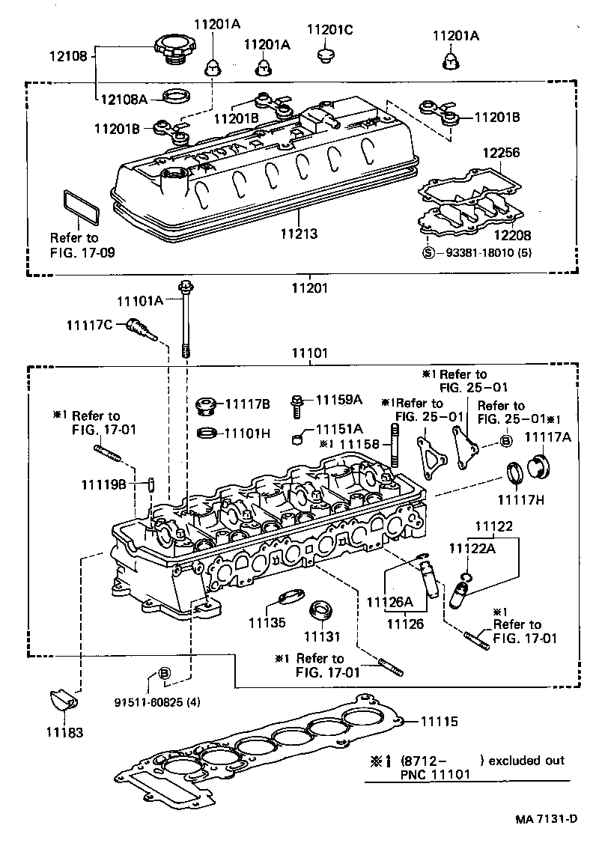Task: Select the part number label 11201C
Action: click(329, 30)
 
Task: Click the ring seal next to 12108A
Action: click(177, 97)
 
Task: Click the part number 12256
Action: click(500, 153)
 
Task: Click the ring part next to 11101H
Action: click(206, 433)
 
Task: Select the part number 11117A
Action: click(547, 437)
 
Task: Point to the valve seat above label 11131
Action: click(323, 609)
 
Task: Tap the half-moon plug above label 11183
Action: click(62, 700)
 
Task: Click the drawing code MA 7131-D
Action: click(546, 818)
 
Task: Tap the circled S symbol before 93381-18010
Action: click(428, 252)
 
